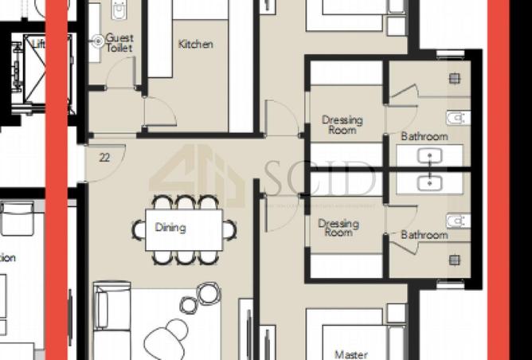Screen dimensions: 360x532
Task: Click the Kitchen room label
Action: pos(195,45)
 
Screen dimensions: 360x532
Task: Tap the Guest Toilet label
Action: pos(119,43)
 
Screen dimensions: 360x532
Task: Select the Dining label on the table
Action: pos(170,228)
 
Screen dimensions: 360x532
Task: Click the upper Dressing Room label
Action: pos(342,125)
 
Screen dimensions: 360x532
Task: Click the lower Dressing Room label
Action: pos(338,229)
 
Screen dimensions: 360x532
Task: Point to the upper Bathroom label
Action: pos(424,136)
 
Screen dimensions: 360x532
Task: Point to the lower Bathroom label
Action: pos(424,235)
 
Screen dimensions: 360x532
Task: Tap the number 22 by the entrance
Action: pos(104,158)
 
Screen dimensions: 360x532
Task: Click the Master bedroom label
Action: pos(350,354)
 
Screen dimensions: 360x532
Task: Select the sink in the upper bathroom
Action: pos(433,156)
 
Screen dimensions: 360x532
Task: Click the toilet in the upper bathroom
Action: pos(456,118)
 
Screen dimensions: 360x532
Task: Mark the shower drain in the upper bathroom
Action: pos(455,78)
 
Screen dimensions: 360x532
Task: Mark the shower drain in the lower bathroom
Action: pos(455,260)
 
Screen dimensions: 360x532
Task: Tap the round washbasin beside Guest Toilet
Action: pos(98,40)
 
